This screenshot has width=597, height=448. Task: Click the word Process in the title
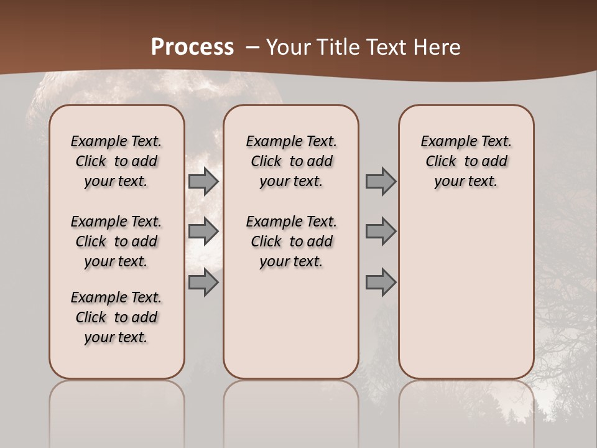(x=192, y=47)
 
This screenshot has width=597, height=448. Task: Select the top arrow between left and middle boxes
(x=203, y=182)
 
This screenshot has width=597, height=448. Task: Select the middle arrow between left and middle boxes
(x=203, y=231)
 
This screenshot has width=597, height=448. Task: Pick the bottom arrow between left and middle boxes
(x=203, y=282)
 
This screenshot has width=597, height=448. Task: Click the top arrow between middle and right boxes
(x=381, y=182)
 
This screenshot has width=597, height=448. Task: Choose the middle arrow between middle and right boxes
(x=381, y=231)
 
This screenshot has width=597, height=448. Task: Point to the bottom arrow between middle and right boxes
(x=381, y=282)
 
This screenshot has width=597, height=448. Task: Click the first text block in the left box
(x=116, y=161)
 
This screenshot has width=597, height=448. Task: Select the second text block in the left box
(x=116, y=241)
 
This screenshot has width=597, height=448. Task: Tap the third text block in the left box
(x=116, y=317)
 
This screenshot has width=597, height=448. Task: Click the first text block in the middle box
(x=291, y=161)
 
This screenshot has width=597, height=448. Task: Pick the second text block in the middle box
(x=291, y=241)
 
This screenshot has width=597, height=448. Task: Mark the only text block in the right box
(x=466, y=161)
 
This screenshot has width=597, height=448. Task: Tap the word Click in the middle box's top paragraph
(x=266, y=162)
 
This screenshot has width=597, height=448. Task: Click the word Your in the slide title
(x=288, y=47)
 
